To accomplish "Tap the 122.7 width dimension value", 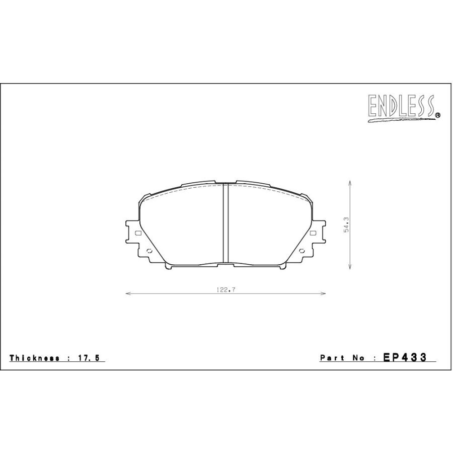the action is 226,289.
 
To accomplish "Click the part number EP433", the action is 405,357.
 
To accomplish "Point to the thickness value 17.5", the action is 89,358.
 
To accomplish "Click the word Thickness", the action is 34,358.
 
